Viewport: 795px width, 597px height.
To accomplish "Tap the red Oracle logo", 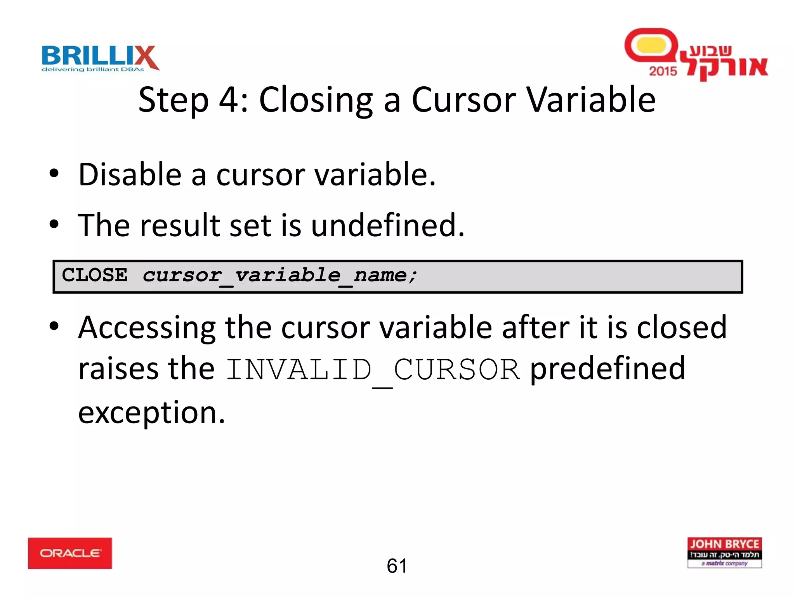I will click(70, 553).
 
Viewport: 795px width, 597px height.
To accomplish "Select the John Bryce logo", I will click(724, 552).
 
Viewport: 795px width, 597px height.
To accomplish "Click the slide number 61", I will click(397, 566).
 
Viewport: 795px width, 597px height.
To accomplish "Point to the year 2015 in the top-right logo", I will click(663, 71).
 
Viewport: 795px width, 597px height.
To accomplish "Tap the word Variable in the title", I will click(591, 100).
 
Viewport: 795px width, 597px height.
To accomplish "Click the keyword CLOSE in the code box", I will click(95, 275).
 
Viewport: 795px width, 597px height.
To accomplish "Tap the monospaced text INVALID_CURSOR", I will click(373, 370).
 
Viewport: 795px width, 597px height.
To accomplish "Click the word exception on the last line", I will click(151, 413).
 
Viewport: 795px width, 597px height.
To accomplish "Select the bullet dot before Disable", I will click(54, 173).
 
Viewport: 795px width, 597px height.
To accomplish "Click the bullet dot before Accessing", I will click(54, 326).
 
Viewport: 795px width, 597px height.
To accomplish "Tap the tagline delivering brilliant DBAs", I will click(93, 70).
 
